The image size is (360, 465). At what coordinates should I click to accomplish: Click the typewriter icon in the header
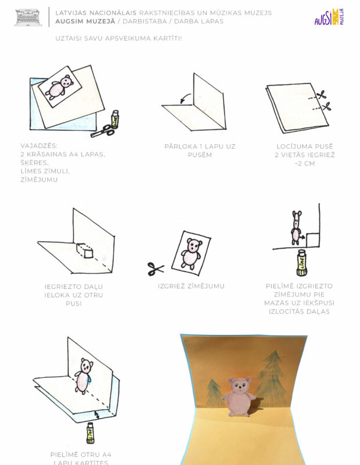coord(28,17)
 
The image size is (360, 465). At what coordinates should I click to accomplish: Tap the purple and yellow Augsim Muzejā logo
coord(329,17)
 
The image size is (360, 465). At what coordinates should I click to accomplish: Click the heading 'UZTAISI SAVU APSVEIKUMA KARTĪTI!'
coord(118,38)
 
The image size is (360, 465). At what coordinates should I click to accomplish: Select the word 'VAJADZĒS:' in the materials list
coord(39,146)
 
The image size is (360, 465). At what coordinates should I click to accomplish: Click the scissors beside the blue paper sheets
coord(103,131)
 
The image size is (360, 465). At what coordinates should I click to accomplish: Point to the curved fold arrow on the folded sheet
coord(185,98)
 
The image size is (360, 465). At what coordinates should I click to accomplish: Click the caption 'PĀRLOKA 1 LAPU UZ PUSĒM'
coord(200,151)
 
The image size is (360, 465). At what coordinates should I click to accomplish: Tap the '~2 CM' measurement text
coord(305,163)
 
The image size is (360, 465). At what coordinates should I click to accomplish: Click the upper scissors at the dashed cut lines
coord(322,95)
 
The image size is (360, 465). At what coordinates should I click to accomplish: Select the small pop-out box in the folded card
coord(85,251)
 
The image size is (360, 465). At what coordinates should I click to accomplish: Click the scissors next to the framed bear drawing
coord(156,269)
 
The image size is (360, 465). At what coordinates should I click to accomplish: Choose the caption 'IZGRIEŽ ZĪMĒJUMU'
coord(191,286)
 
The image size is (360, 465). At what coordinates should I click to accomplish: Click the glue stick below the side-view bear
coord(301,263)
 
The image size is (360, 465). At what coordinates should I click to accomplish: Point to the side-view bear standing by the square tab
coord(296,228)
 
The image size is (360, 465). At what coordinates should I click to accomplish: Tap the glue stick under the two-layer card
coord(91,433)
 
